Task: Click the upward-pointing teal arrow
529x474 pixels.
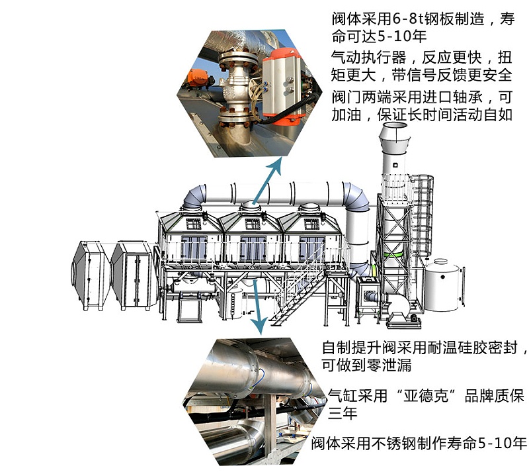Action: pos(266,181)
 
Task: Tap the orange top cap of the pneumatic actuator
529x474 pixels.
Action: pos(282,56)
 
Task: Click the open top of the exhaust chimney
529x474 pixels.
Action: pos(394,126)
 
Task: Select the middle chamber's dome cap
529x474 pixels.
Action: pos(250,206)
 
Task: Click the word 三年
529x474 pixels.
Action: pos(343,413)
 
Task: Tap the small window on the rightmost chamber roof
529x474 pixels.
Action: pos(311,224)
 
